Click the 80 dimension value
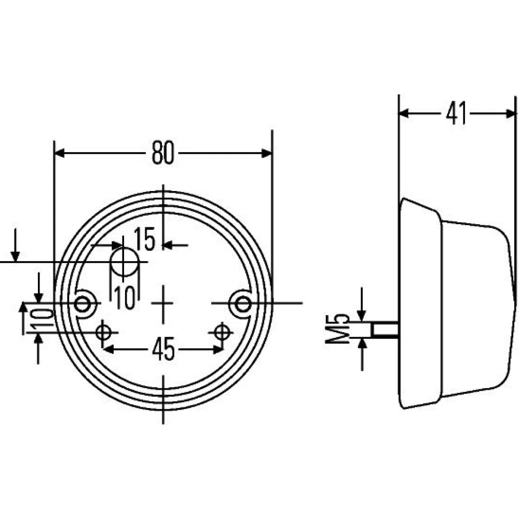coord(162,153)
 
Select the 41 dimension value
coord(456,113)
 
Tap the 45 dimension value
coord(163,349)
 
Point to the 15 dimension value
coord(145,239)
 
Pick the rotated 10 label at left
coord(43,318)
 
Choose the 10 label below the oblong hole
coord(125,297)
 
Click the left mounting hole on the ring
coord(82,303)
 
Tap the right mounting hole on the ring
coord(243,304)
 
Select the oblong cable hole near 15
coord(125,262)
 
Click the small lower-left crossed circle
coord(103,332)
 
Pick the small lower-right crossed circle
coord(222,332)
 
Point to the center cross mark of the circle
coord(163,303)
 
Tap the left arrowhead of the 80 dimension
coord(60,153)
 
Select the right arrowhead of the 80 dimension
coord(266,153)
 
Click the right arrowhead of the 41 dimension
coord(511,114)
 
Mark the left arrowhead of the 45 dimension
coord(108,349)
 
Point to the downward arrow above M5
coord(362,304)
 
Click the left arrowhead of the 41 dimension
coord(404,114)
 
